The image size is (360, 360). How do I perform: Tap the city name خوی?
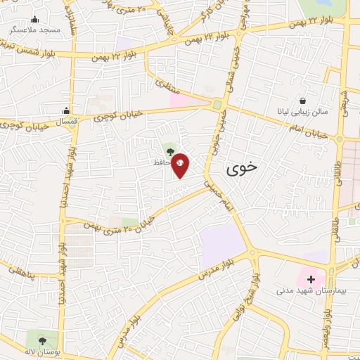click(x=243, y=169)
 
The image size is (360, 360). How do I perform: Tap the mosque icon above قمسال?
click(x=65, y=110)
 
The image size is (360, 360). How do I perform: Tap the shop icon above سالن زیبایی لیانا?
click(x=303, y=101)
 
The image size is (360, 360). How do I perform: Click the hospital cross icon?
click(x=311, y=279)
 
